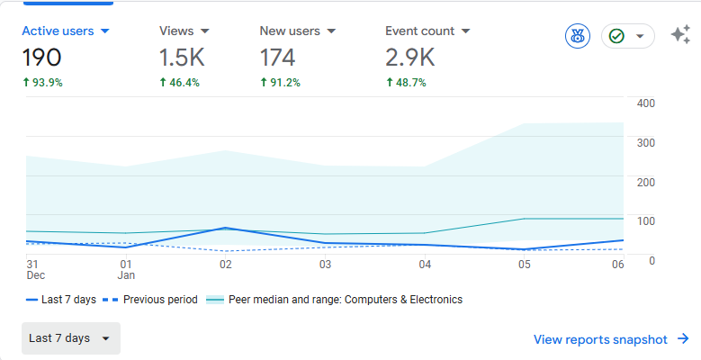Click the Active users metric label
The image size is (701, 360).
coord(58,31)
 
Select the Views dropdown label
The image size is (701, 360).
coord(176,31)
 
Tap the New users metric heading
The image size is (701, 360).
coord(290,31)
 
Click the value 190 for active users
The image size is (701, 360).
coord(41,58)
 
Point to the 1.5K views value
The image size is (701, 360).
coord(182,58)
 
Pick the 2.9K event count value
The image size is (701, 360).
coord(410,58)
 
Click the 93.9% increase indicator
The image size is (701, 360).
coord(42,82)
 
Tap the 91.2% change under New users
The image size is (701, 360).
coord(281,82)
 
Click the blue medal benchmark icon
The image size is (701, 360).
coord(578,36)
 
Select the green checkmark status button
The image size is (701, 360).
coord(628,36)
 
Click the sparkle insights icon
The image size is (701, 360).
coord(680,34)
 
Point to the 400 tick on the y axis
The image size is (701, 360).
coord(646,103)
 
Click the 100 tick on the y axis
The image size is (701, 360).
coord(646,220)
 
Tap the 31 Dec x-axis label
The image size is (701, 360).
coord(36,270)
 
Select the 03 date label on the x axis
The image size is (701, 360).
coord(325,265)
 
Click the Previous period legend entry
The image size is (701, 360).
coord(150,299)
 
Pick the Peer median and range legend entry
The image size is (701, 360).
coord(334,299)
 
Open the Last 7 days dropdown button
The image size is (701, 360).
coord(70,338)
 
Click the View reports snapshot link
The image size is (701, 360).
coord(611,339)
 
